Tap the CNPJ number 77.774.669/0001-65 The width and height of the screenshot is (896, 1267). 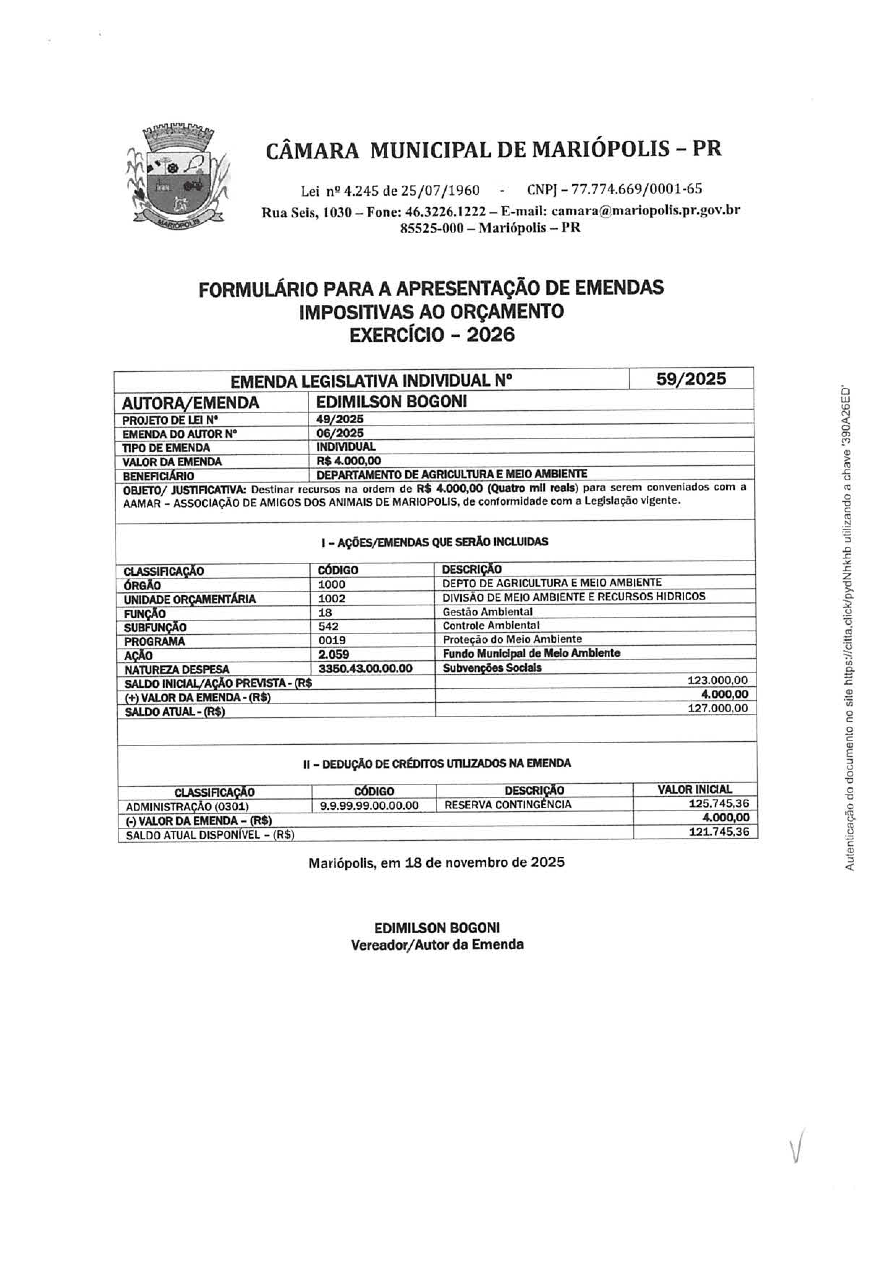[x=637, y=189]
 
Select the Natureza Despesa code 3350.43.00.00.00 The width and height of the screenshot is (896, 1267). [x=366, y=668]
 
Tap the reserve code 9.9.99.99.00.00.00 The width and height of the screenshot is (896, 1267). [x=369, y=806]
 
